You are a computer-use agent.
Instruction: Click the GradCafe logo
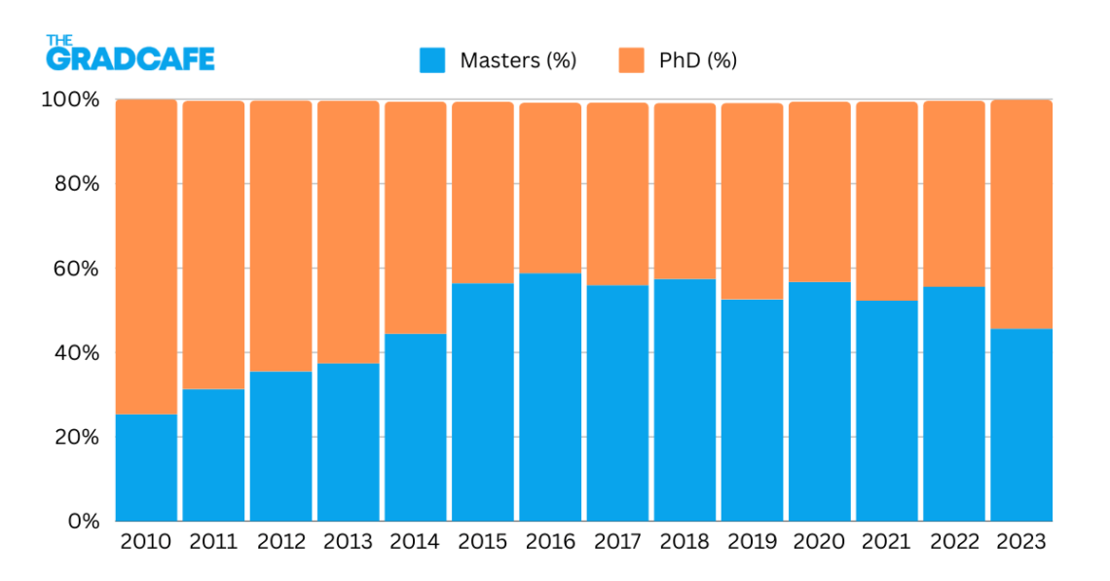tap(129, 55)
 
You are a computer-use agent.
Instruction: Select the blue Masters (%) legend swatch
tap(432, 60)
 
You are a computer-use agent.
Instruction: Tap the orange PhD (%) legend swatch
tap(631, 60)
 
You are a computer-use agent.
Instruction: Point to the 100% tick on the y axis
tap(70, 100)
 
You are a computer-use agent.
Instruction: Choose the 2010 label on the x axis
tap(146, 542)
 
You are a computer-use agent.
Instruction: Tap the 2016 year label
tap(550, 542)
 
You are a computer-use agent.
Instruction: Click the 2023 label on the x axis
tap(1021, 542)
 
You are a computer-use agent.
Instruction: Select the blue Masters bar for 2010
tap(146, 467)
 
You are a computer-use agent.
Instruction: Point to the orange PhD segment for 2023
tap(1021, 214)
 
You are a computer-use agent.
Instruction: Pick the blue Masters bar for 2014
tap(416, 427)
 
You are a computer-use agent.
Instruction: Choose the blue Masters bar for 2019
tap(753, 410)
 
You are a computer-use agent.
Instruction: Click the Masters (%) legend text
tap(519, 60)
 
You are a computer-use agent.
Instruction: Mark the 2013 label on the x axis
tap(348, 542)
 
